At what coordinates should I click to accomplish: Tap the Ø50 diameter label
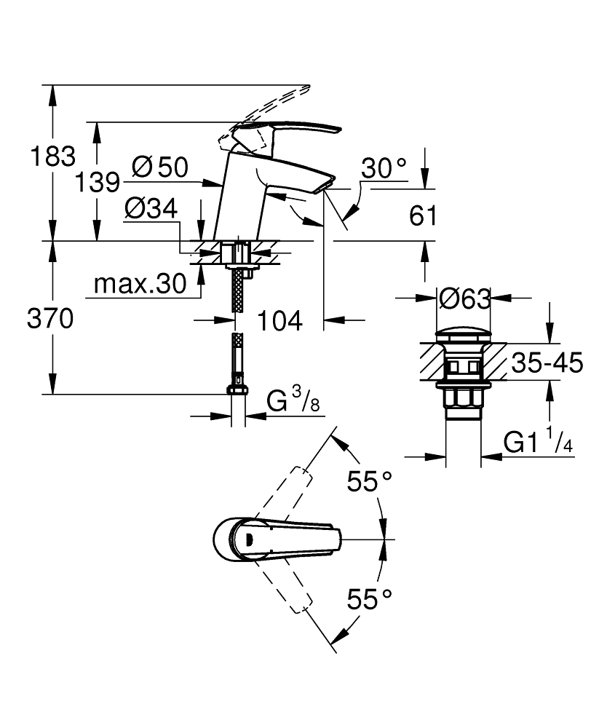coord(160,167)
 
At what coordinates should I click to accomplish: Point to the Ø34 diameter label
coord(151,210)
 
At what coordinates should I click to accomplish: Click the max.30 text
coord(140,285)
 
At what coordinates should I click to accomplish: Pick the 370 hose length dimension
coord(49,318)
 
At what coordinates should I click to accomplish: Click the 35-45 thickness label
coord(547,363)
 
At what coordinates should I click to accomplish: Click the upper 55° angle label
coord(368,481)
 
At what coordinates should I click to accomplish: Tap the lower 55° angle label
coord(368,600)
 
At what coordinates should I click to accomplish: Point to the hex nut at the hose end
coord(237,387)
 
